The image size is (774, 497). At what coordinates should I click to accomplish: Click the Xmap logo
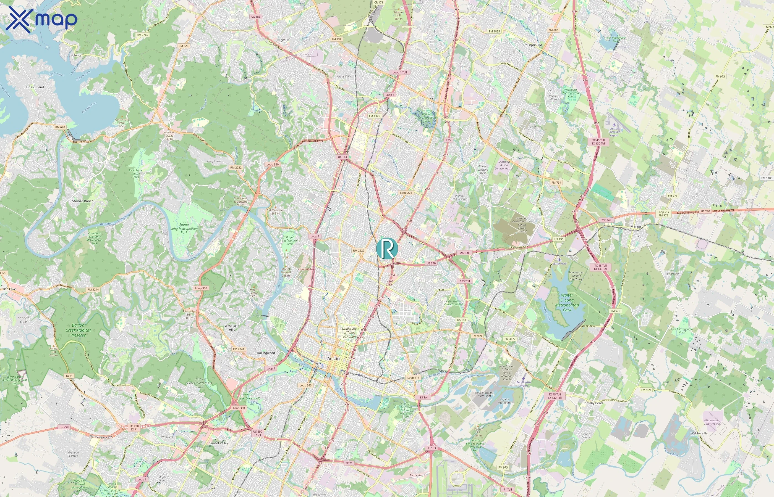click(x=41, y=19)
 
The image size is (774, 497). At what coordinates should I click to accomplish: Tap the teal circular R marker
click(x=387, y=248)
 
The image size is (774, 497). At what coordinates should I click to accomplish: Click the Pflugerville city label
click(x=532, y=45)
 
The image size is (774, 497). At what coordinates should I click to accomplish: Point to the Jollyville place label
click(x=283, y=40)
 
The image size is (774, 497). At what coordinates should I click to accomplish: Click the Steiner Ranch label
click(x=83, y=201)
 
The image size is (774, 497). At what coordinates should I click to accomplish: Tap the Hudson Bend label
click(x=34, y=87)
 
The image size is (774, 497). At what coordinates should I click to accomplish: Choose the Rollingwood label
click(x=266, y=353)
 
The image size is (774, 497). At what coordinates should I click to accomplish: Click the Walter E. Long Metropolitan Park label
click(x=567, y=302)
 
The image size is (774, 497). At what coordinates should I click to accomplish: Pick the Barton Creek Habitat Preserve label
click(x=78, y=330)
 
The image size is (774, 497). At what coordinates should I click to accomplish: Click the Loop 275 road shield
click(x=406, y=193)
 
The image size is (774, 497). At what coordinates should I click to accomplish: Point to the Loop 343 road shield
click(x=305, y=385)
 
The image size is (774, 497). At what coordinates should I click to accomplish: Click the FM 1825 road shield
click(x=494, y=31)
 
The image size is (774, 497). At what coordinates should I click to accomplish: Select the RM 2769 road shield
click(x=142, y=35)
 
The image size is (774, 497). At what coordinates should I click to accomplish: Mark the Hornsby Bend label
click(x=592, y=403)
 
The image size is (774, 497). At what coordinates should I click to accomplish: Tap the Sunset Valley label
click(x=219, y=443)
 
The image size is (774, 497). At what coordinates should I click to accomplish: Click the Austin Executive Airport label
click(x=614, y=132)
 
